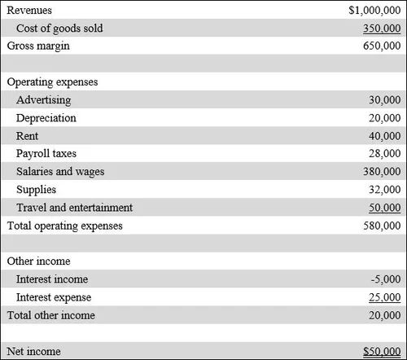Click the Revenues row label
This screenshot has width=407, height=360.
point(31,11)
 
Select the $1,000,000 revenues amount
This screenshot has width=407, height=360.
point(374,11)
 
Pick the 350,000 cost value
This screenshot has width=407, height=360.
point(383,29)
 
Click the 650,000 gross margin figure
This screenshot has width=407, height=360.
point(383,46)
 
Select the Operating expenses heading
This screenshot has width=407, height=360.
point(53,82)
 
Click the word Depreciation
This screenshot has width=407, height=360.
point(46,118)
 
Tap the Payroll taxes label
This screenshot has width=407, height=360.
point(49,154)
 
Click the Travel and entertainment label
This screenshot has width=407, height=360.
point(73,208)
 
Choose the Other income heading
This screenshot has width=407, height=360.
point(38,261)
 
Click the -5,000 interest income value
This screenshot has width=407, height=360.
point(386,279)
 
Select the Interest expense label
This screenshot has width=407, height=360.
point(54,297)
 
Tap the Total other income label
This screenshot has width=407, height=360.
point(51,315)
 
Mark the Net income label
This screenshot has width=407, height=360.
point(33,351)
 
